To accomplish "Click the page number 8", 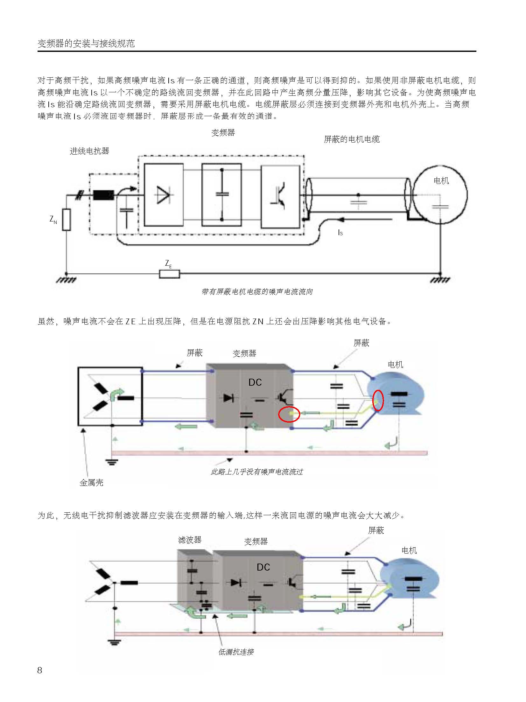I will coord(39,670).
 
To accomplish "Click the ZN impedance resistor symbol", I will coord(66,220).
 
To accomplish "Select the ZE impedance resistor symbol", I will coord(169,274).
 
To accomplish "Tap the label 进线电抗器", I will coord(89,151).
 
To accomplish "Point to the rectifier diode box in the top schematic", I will coord(164,195).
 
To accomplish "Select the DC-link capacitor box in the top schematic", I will coord(222,195).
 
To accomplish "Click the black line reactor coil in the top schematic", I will coord(103,195).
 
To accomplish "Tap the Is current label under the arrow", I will coord(340,233).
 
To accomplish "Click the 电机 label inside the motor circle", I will coord(441,181).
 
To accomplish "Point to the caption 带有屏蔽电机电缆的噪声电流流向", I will coord(257,291).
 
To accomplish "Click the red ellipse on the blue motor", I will coord(378,401).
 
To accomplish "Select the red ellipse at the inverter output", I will coord(289,414).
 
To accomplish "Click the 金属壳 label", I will coord(91,483).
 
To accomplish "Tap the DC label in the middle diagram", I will coord(255,382).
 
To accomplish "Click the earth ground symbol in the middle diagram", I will coord(111,462).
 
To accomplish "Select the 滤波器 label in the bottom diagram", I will coord(190,540).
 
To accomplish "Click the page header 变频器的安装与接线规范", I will coord(86,44).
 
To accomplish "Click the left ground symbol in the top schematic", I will coord(66,279).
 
